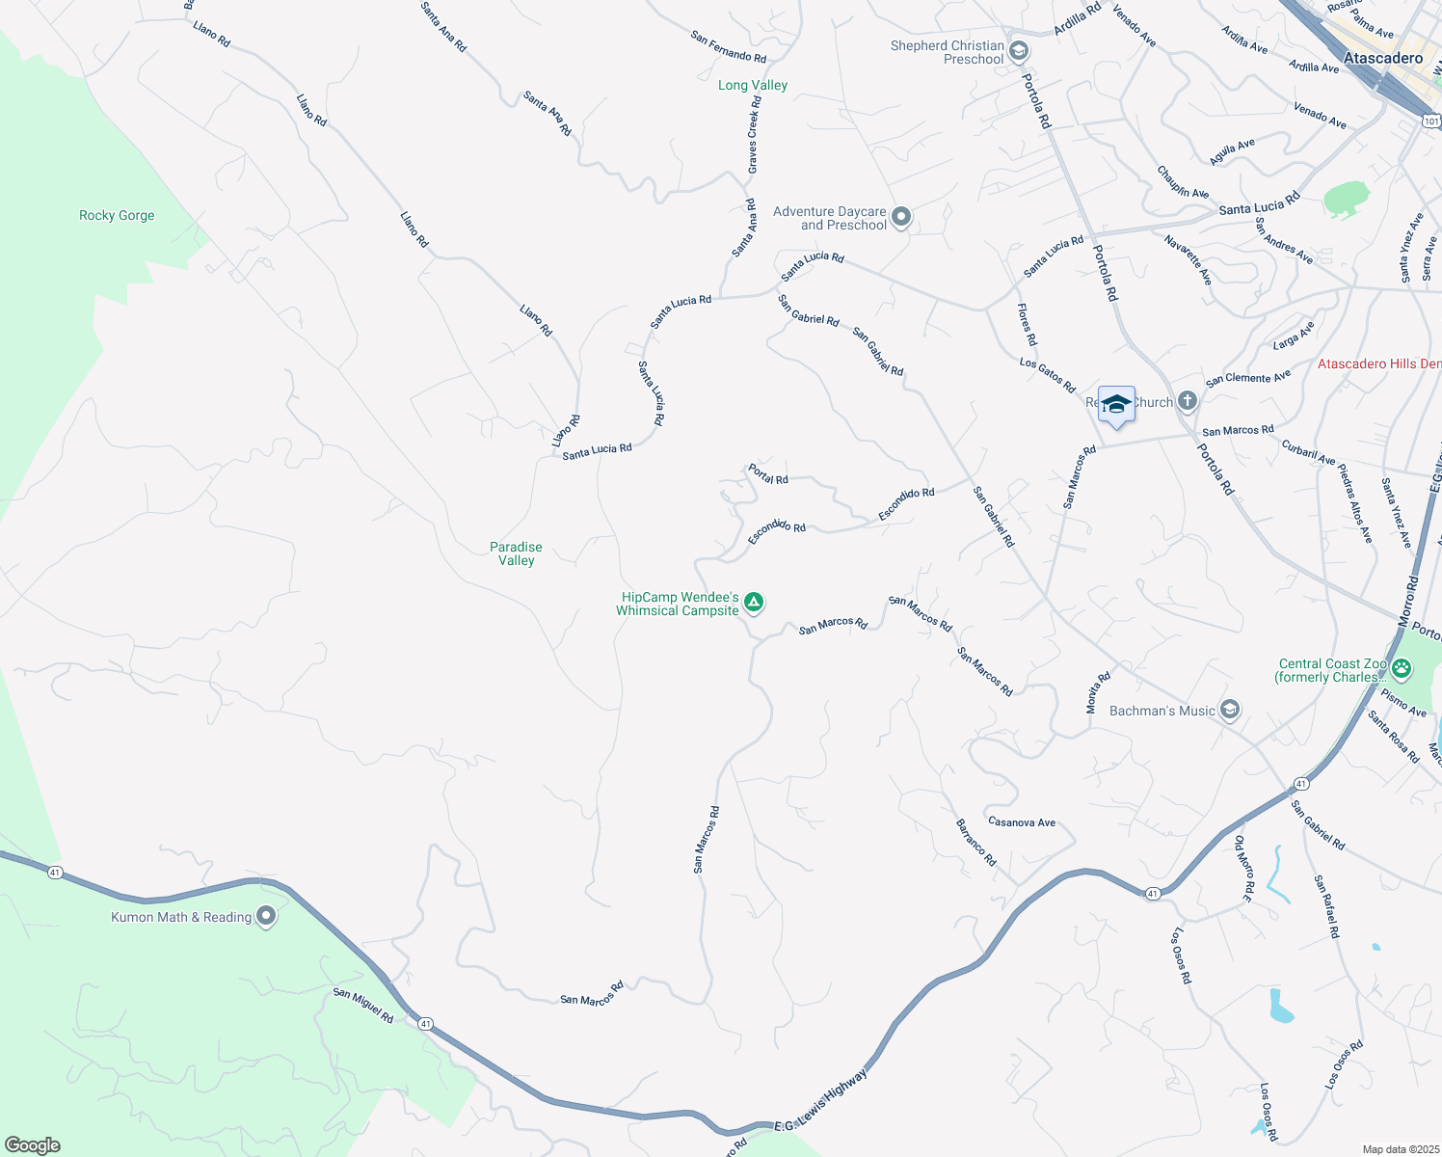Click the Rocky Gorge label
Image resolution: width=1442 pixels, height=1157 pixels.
(x=117, y=216)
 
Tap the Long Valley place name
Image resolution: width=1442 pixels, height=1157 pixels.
(x=753, y=86)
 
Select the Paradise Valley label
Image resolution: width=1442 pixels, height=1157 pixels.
(x=516, y=553)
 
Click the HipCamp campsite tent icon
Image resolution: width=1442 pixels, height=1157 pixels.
(x=755, y=603)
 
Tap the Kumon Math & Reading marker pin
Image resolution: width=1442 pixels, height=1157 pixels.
(x=266, y=916)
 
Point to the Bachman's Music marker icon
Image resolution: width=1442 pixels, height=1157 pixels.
(x=1229, y=711)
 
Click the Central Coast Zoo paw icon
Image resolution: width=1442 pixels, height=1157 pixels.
(x=1402, y=667)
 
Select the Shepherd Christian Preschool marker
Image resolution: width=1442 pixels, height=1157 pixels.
(x=1019, y=51)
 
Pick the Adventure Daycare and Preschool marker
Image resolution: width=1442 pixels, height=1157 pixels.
(x=901, y=217)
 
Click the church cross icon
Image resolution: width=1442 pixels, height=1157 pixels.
(x=1187, y=401)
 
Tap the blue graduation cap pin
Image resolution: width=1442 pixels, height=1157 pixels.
(x=1116, y=405)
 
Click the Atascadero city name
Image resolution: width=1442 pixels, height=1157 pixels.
(x=1383, y=59)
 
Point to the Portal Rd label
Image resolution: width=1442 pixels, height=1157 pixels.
(x=768, y=474)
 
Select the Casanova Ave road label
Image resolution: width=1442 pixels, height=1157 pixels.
(x=1022, y=822)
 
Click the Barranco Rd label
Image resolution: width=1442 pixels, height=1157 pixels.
(x=975, y=843)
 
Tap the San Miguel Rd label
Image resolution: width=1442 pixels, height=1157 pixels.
(x=363, y=1006)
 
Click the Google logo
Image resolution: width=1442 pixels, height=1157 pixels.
(x=32, y=1145)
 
